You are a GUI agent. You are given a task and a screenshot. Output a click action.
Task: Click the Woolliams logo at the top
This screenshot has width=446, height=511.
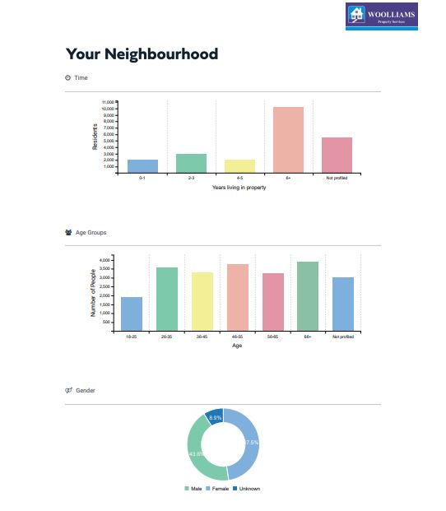coord(381,14)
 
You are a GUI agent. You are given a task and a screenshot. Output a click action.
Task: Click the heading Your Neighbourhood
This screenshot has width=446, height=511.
coord(142,54)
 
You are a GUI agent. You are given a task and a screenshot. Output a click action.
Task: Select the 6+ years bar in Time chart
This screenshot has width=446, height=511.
coord(288,140)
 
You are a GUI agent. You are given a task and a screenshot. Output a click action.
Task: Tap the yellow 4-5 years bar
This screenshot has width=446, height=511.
coord(239,165)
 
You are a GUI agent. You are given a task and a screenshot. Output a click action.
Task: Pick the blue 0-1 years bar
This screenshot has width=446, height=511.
coord(142,165)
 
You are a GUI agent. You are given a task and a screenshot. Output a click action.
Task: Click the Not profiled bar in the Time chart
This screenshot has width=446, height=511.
coord(337,155)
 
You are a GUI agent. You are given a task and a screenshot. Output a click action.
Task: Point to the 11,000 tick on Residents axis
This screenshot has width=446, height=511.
coord(108,101)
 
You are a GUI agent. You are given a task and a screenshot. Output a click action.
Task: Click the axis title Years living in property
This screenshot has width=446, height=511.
coord(239,188)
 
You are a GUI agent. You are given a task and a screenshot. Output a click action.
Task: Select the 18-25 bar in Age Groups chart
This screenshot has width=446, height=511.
coord(132,314)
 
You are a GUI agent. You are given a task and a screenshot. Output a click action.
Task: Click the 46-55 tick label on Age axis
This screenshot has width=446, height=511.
coord(237,337)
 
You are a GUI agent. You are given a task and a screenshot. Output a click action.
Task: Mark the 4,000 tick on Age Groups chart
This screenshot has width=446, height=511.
coord(104,260)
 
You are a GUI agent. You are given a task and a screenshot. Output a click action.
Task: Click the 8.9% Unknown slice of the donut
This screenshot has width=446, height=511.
coord(215,417)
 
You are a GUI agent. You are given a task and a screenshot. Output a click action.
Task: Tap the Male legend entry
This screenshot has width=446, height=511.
coord(194,489)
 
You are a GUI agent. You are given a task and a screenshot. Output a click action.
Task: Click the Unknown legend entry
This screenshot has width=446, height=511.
coord(247,489)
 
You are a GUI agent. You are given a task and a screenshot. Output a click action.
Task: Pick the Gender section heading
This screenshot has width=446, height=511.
coord(85,390)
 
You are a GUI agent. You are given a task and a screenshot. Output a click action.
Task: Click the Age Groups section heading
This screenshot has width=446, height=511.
coord(91,233)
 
